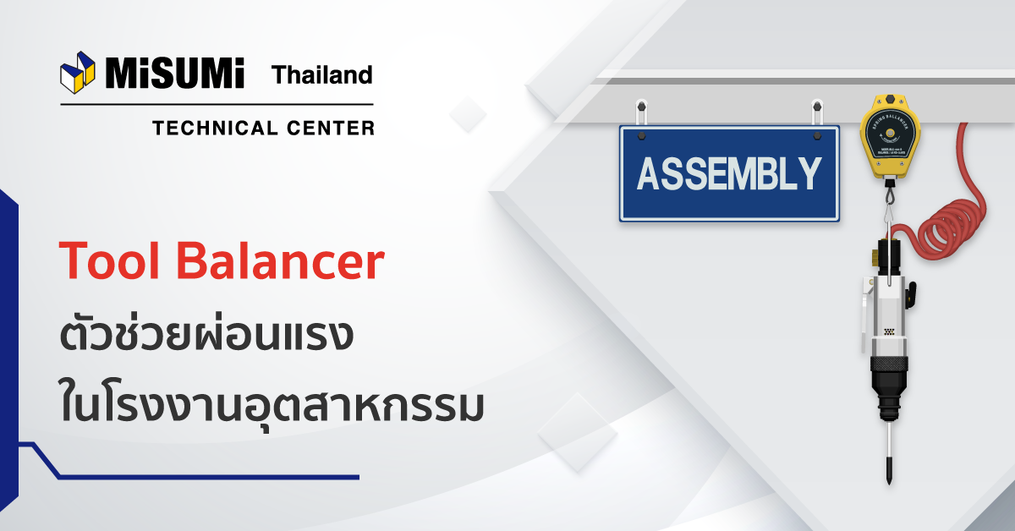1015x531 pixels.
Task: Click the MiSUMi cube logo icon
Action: pyautogui.click(x=79, y=74)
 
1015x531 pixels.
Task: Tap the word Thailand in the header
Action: pyautogui.click(x=321, y=75)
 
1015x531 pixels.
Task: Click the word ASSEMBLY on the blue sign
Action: pyautogui.click(x=729, y=174)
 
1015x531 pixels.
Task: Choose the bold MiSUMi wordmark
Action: pyautogui.click(x=174, y=74)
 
